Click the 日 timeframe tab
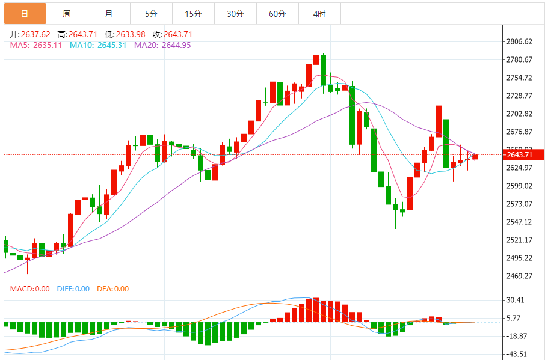point(24,13)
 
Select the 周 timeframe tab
point(66,13)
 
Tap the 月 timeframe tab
point(108,13)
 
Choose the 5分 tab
point(150,13)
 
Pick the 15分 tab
point(192,13)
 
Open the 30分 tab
point(235,13)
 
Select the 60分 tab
point(277,13)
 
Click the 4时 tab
point(319,13)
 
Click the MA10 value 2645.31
point(110,45)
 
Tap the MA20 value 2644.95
point(174,45)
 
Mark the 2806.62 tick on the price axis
point(519,41)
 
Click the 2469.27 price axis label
point(519,276)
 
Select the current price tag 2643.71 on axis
point(519,155)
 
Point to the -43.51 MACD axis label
point(517,354)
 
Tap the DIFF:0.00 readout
point(73,289)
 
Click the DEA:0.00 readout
point(114,289)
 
